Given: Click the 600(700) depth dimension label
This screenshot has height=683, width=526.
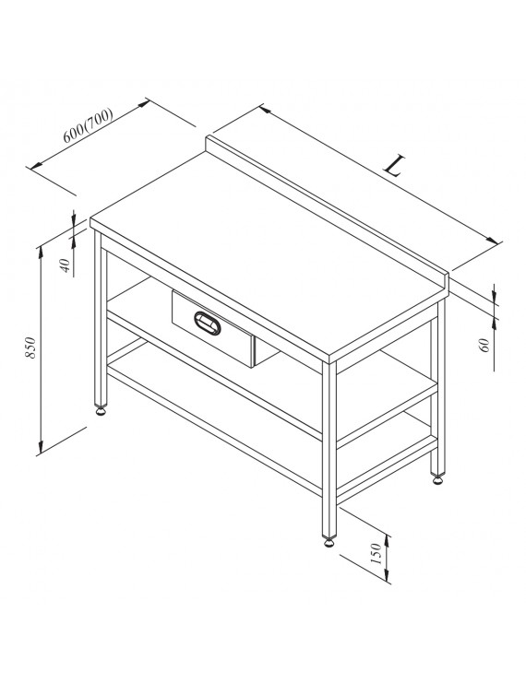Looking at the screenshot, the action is tap(88, 125).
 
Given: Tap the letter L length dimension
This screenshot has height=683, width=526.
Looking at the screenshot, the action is tap(393, 166).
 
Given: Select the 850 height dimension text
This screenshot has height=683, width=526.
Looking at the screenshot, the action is tap(30, 347).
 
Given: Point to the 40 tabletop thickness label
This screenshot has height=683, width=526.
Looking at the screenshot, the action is tap(65, 265).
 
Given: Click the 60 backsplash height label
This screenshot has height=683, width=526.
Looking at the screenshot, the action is tap(485, 345).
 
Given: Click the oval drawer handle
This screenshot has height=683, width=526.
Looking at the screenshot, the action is tap(208, 324).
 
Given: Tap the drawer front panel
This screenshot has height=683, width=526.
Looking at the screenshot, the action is tap(212, 328).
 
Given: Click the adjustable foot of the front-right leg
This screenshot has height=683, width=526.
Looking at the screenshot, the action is tap(329, 541).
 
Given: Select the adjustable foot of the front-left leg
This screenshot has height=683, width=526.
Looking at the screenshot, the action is tap(102, 410).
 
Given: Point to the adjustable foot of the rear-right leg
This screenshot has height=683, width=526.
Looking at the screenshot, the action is tap(437, 479).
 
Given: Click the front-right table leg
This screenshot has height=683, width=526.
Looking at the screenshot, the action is tap(329, 449).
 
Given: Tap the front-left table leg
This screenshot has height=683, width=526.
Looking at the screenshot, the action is tap(101, 318).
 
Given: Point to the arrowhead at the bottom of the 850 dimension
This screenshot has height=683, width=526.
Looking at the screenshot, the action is tap(41, 446).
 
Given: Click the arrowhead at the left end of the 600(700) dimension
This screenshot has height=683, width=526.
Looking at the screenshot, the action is tap(36, 165).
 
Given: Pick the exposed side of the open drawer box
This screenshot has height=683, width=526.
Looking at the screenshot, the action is tap(266, 351).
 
